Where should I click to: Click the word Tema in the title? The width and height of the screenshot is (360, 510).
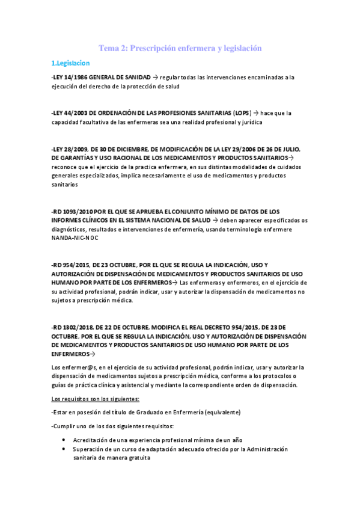[109, 48]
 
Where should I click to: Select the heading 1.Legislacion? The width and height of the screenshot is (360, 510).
[70, 63]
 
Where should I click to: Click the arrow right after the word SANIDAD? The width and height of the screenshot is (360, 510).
[155, 78]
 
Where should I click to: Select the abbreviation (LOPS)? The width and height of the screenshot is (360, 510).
[239, 112]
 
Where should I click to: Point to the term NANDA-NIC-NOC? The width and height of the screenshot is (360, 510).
[75, 238]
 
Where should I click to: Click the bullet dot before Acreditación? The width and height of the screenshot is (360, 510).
[64, 440]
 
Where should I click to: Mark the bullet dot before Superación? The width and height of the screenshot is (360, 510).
[64, 449]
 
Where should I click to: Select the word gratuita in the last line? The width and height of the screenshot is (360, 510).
[136, 458]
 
